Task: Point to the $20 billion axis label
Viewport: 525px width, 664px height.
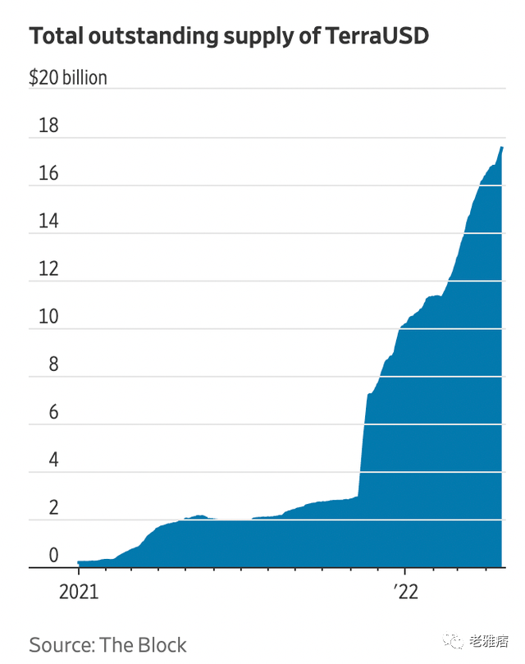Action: coord(68,79)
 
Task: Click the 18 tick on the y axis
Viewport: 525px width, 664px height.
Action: coord(48,126)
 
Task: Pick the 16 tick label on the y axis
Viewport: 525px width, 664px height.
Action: coord(48,173)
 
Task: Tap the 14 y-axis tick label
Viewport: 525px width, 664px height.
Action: coord(48,221)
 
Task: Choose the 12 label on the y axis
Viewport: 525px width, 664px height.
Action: coord(48,268)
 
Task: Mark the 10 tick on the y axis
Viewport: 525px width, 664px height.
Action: coord(48,316)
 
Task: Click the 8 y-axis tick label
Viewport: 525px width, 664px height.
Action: coord(53,364)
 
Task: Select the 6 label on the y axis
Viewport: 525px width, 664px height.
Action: coord(53,411)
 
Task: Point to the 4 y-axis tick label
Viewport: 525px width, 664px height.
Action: coord(53,459)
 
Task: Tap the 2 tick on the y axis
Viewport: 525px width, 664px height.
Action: coord(53,506)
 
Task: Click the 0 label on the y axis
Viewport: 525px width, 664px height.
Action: coord(53,555)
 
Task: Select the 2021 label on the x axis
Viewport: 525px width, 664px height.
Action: coord(78,592)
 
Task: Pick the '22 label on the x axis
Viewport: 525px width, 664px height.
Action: coord(405,592)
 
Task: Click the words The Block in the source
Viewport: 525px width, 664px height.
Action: coord(144,644)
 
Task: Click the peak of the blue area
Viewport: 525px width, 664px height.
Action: coord(502,148)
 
